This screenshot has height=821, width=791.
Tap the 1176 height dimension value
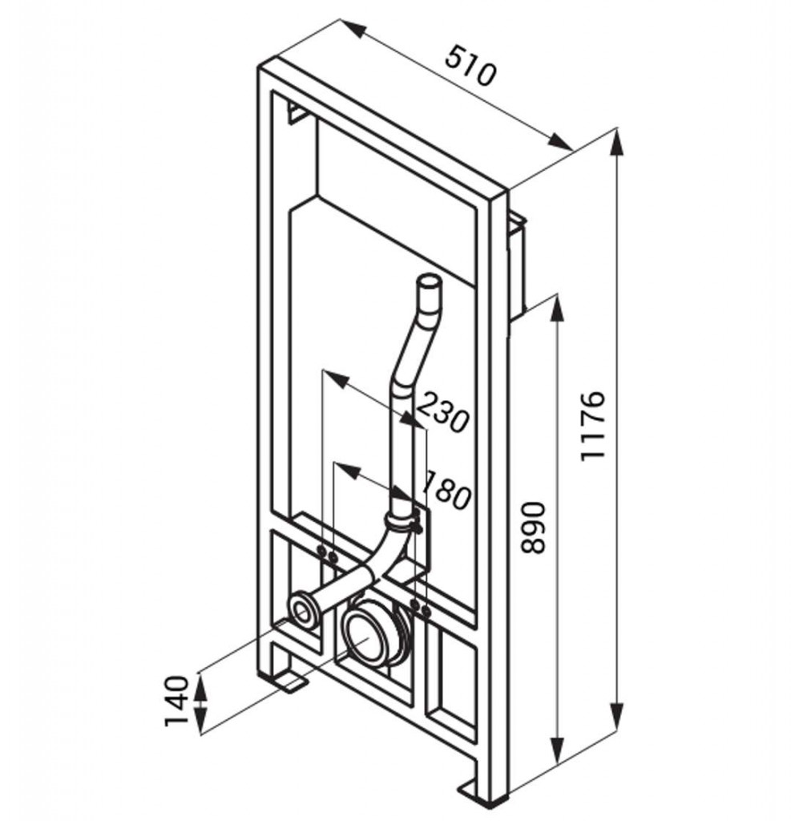click(592, 426)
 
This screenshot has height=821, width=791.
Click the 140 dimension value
click(176, 701)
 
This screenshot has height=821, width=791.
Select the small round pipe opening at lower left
click(302, 610)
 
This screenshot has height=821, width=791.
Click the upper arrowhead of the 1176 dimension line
click(618, 141)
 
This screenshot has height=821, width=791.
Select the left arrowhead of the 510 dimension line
click(352, 28)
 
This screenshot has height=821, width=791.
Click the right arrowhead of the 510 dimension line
click(560, 142)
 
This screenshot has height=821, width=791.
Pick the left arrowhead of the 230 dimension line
click(334, 378)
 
